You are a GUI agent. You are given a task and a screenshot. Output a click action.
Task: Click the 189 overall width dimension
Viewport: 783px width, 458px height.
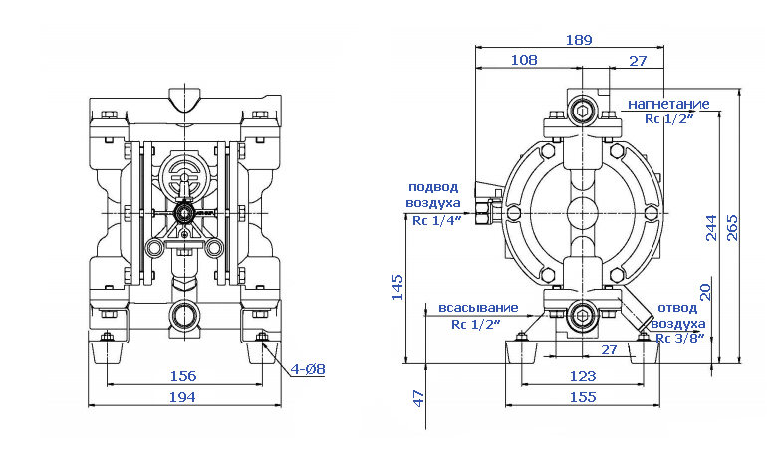click(x=578, y=40)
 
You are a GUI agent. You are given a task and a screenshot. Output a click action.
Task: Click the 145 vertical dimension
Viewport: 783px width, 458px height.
click(x=397, y=286)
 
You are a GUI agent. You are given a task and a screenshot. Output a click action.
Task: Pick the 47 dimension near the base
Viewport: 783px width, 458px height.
click(x=419, y=397)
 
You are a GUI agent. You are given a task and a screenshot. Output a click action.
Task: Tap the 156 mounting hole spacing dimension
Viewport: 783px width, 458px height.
click(x=182, y=376)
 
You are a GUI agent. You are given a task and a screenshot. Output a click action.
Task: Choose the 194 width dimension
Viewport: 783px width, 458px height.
click(x=182, y=397)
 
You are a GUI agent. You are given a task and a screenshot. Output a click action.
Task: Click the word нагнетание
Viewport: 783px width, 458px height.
click(x=667, y=104)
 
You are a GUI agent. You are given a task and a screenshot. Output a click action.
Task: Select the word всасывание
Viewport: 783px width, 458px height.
click(x=478, y=307)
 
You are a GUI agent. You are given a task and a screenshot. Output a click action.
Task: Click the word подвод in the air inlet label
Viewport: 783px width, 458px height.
click(x=434, y=186)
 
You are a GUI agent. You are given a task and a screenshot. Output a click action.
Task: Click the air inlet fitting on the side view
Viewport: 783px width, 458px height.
click(x=488, y=211)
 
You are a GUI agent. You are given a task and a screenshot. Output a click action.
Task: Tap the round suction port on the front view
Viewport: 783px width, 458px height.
click(x=184, y=317)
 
